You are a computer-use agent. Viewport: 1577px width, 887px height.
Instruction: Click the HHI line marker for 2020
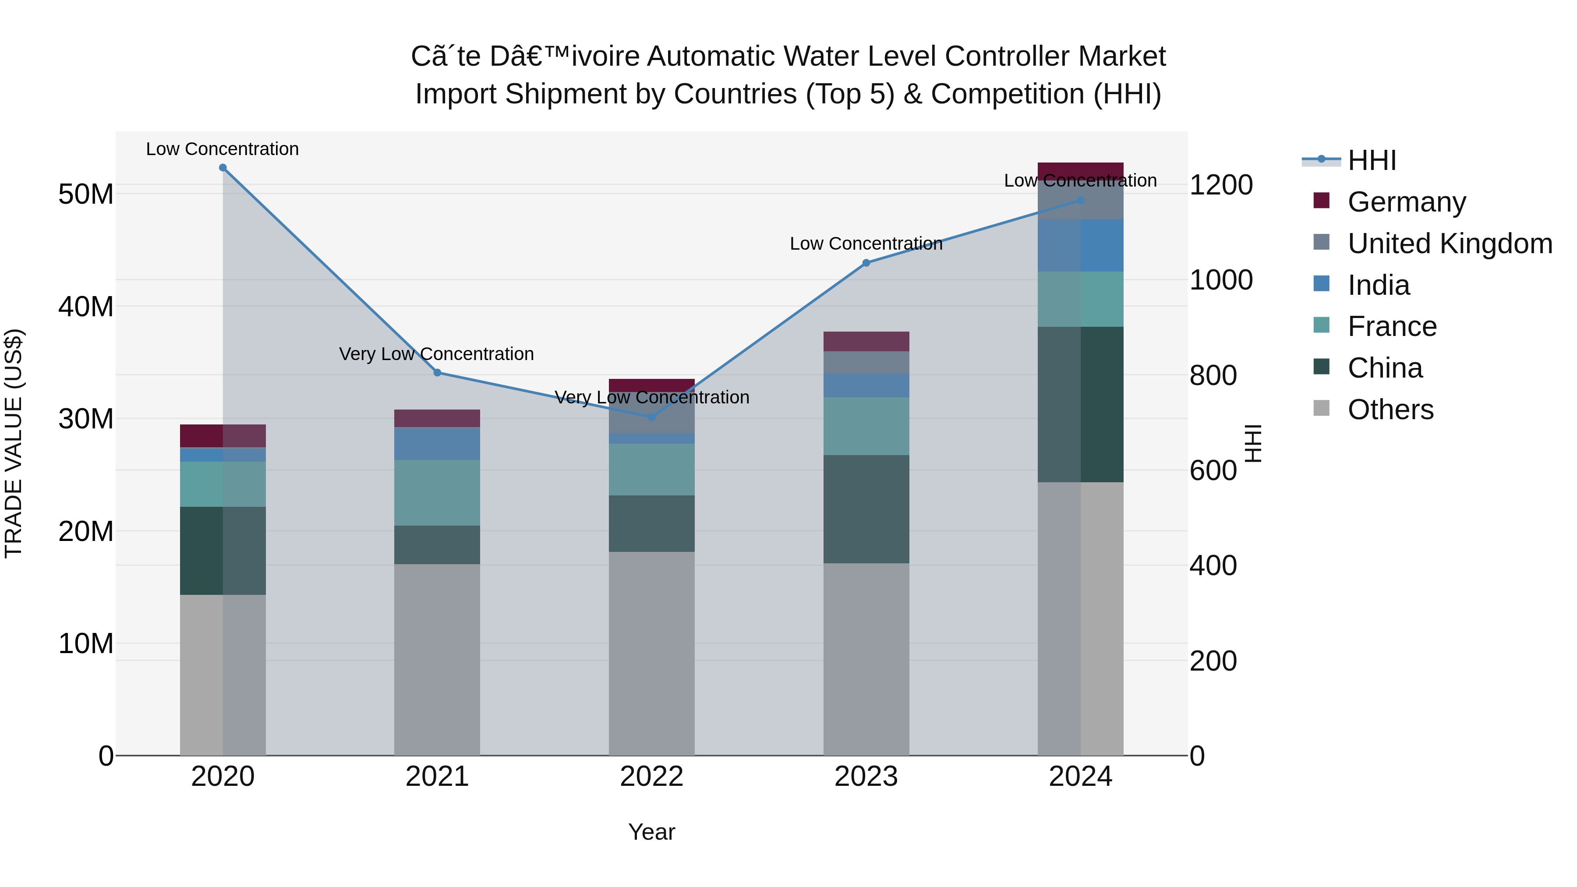coord(223,168)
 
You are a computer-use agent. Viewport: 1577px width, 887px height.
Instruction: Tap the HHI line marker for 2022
coord(651,417)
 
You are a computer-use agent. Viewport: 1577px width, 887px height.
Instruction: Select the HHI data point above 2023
coord(866,263)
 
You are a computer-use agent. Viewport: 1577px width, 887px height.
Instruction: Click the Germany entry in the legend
coord(1406,202)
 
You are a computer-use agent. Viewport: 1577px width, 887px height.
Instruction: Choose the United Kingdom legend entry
coord(1450,244)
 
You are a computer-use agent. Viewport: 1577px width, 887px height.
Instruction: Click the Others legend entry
coord(1390,410)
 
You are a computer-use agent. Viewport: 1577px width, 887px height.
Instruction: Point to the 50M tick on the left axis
coord(86,194)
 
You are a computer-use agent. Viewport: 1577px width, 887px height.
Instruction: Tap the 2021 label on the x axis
coord(437,777)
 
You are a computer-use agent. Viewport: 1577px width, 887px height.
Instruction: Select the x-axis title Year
coord(651,832)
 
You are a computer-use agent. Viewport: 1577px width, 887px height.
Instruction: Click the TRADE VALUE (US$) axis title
coord(14,443)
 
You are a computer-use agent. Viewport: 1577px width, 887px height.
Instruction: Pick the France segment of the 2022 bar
coord(651,470)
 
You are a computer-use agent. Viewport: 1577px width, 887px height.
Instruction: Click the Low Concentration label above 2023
coord(866,244)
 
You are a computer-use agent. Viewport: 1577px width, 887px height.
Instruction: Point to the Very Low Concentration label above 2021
coord(436,354)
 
